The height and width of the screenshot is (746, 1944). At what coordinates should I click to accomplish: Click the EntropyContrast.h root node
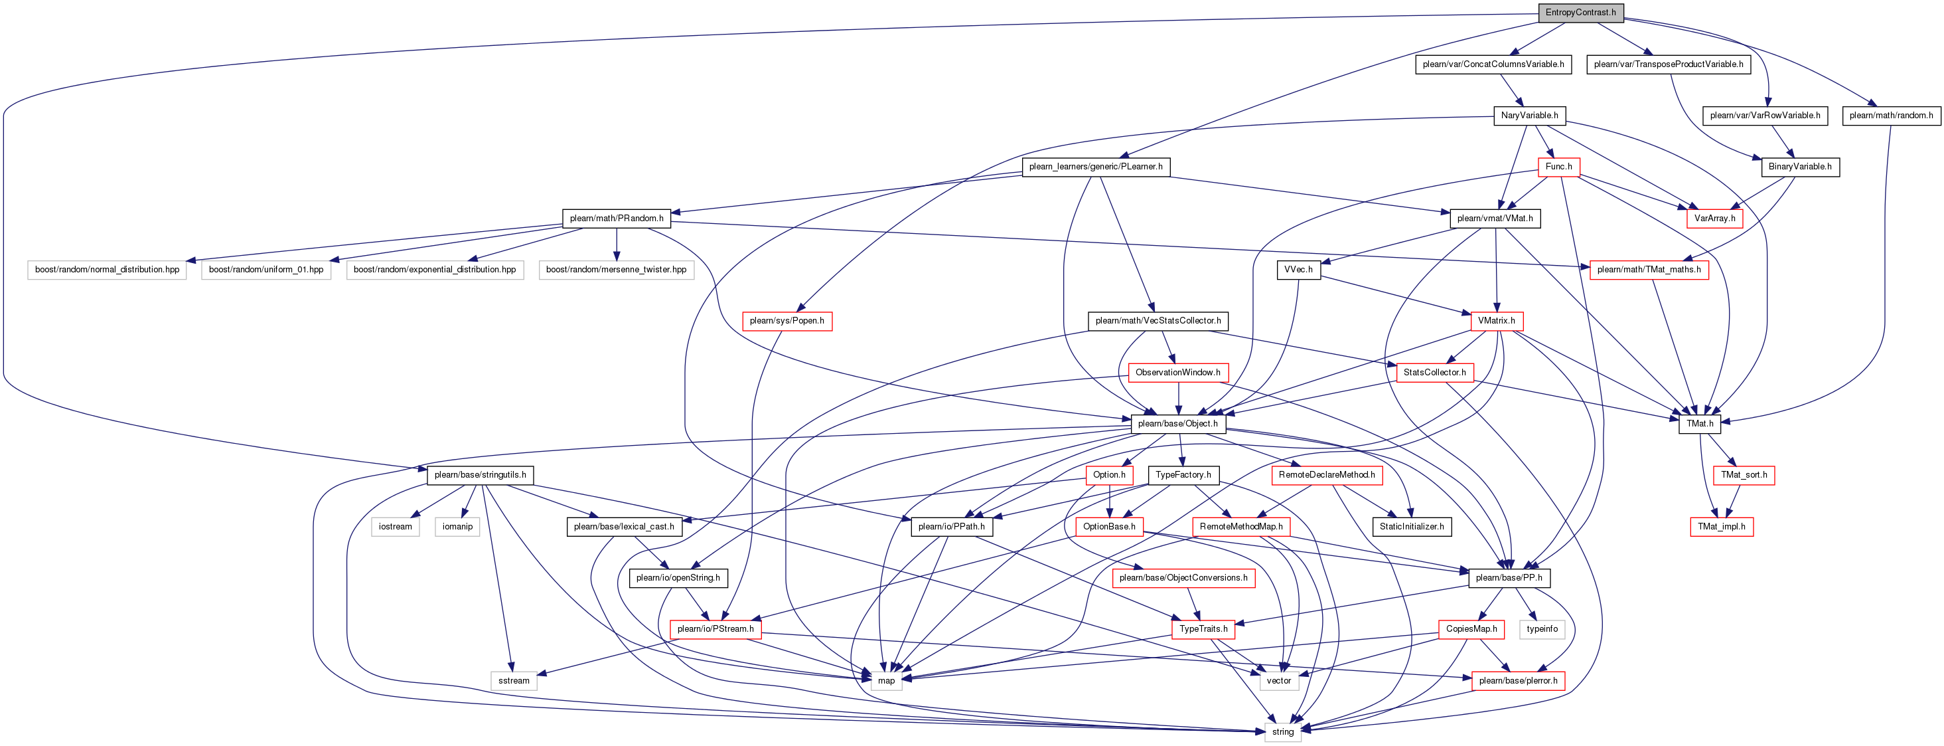tap(1580, 13)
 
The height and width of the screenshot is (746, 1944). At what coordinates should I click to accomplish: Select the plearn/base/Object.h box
tap(1177, 424)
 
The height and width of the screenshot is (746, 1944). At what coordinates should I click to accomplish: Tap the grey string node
tap(1282, 731)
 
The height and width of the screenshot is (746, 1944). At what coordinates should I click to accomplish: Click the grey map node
tap(886, 680)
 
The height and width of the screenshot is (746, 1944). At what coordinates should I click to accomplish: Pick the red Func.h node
tap(1558, 167)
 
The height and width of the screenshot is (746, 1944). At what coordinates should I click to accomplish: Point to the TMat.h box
tap(1700, 424)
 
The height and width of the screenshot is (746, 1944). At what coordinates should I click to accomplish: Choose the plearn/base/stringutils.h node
tap(480, 475)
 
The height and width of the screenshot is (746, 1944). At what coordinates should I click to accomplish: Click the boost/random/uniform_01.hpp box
tap(265, 270)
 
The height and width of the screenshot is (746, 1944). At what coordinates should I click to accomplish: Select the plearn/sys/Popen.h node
tap(786, 321)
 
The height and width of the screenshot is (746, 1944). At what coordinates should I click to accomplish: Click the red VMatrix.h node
tap(1496, 321)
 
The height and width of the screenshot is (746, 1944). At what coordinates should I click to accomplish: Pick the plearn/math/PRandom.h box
tap(617, 218)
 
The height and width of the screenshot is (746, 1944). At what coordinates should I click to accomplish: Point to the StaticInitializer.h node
tap(1411, 526)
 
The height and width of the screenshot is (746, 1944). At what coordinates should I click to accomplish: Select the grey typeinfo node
tap(1542, 629)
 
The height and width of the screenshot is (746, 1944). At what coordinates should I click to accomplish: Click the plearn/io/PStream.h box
tap(715, 629)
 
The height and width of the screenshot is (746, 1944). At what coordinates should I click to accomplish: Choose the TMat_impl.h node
tap(1722, 526)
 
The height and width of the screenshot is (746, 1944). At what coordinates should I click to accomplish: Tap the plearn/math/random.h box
tap(1891, 116)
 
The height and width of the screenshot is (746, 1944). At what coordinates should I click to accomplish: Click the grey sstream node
tap(514, 680)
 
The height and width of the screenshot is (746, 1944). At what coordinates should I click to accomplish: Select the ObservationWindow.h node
tap(1177, 372)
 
